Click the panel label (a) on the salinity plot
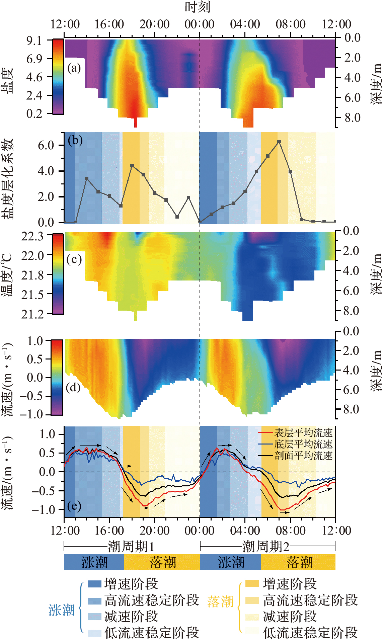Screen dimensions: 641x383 click(x=74, y=68)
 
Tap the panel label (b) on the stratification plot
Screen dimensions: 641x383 click(x=75, y=140)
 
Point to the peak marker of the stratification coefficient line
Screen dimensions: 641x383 click(x=279, y=142)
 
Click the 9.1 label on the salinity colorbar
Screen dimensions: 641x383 click(x=34, y=41)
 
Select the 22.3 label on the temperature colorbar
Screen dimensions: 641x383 click(x=32, y=236)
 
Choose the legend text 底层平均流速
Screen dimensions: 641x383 click(x=303, y=444)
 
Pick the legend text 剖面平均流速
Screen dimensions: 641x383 click(x=303, y=455)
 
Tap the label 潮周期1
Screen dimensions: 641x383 click(x=131, y=547)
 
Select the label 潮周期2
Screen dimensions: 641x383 click(x=266, y=547)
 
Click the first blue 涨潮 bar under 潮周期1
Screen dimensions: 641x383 click(x=94, y=562)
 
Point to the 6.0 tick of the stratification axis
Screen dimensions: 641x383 click(x=46, y=145)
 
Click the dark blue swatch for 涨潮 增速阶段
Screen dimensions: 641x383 click(x=94, y=584)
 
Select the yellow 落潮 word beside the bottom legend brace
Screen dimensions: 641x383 click(x=220, y=602)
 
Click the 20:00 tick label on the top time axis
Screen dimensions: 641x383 click(x=154, y=24)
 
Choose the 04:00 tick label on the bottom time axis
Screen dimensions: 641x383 click(x=245, y=531)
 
